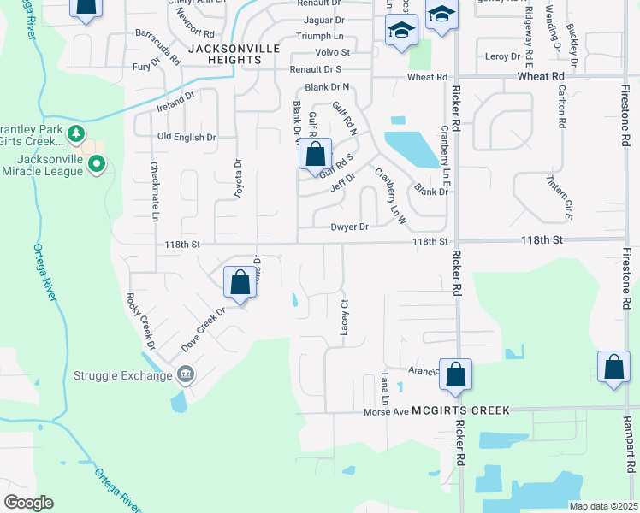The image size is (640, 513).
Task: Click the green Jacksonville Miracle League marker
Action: [x=97, y=162]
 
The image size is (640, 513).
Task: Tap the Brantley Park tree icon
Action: [x=76, y=133]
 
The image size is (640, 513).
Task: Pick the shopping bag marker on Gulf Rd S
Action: [x=315, y=155]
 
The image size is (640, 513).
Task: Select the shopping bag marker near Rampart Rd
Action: [x=614, y=368]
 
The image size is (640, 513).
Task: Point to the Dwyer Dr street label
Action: [x=349, y=227]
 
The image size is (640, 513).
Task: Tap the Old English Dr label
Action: [x=187, y=137]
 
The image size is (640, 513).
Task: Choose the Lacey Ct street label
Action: [x=346, y=316]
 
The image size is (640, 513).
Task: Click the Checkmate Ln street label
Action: [x=155, y=192]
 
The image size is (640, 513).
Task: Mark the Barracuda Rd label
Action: [x=158, y=47]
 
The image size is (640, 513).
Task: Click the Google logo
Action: [x=28, y=503]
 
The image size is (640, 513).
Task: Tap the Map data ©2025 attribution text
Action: [x=602, y=506]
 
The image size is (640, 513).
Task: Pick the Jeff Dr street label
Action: [x=342, y=182]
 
